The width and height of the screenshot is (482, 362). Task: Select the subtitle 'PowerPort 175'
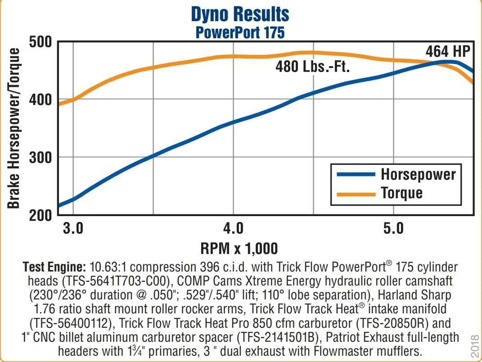pyautogui.click(x=240, y=32)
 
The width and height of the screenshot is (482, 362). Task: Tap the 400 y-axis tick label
pyautogui.click(x=42, y=100)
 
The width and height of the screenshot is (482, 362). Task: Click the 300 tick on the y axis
pyautogui.click(x=42, y=157)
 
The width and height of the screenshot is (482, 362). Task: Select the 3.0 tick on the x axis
pyautogui.click(x=73, y=228)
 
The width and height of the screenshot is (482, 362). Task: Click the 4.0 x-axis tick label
pyautogui.click(x=233, y=228)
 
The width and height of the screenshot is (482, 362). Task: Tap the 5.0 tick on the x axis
pyautogui.click(x=393, y=228)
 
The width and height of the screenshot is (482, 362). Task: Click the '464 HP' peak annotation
pyautogui.click(x=447, y=51)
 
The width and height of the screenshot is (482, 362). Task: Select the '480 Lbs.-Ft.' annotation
pyautogui.click(x=312, y=67)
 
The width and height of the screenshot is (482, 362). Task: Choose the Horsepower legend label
pyautogui.click(x=418, y=174)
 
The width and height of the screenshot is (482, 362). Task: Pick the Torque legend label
pyautogui.click(x=402, y=193)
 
